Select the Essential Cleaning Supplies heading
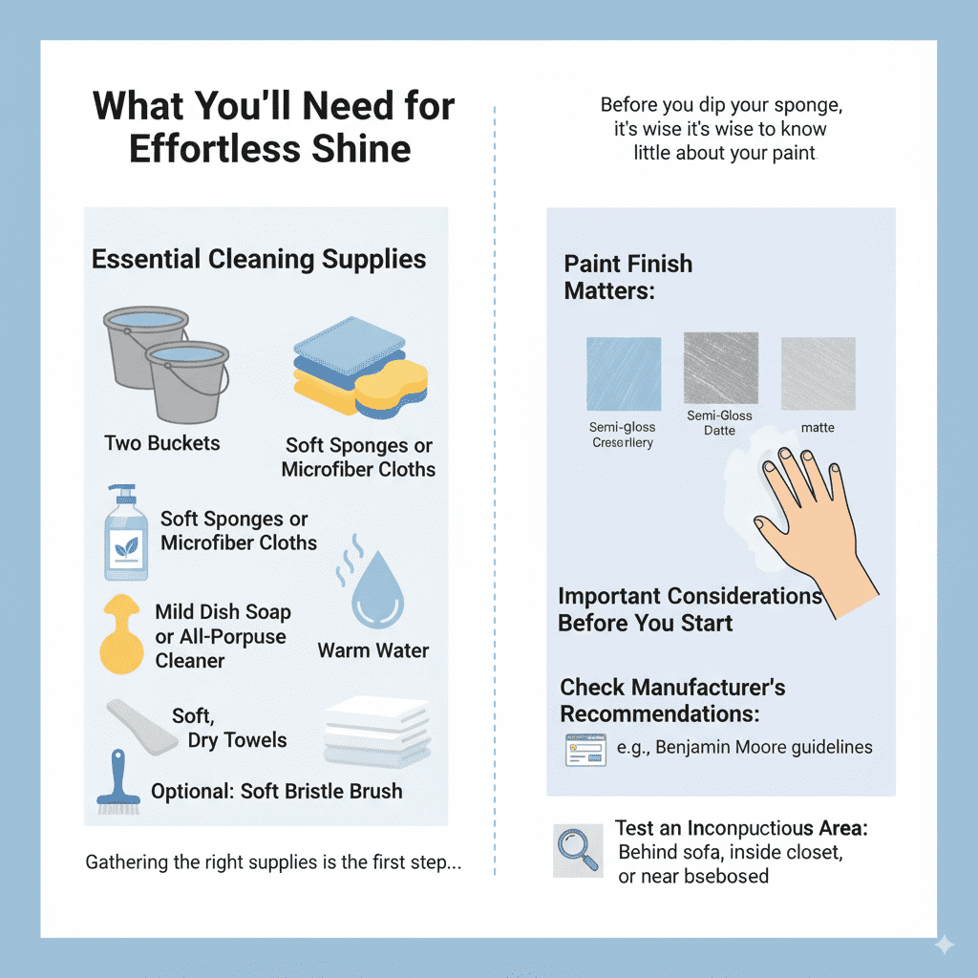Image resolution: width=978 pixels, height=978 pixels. (259, 259)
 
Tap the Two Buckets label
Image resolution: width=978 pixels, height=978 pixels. (162, 443)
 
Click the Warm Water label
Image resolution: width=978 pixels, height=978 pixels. (372, 650)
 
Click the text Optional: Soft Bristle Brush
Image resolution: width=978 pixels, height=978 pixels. (277, 792)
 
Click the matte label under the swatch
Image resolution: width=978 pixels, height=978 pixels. (818, 427)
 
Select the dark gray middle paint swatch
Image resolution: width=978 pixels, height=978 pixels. (720, 369)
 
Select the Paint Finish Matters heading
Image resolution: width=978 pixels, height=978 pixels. (627, 277)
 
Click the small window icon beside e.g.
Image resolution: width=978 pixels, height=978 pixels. (585, 750)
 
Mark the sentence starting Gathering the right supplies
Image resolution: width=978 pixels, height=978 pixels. (273, 862)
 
